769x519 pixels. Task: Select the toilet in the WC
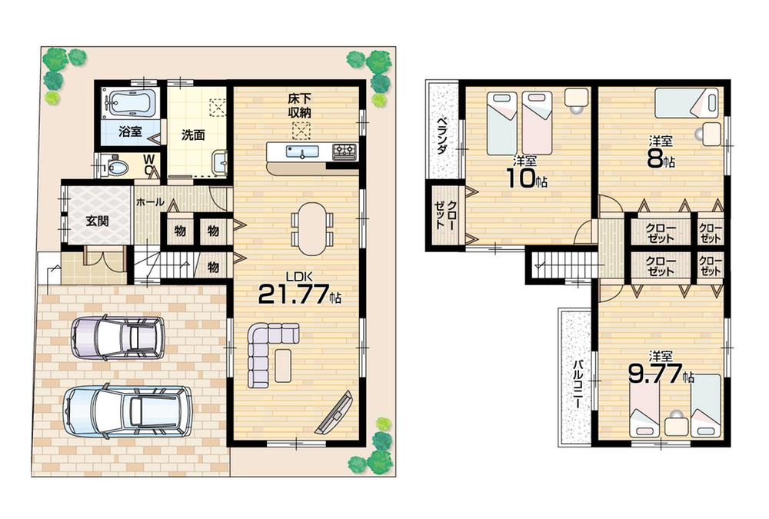[x=117, y=166]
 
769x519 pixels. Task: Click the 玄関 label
[x=97, y=221]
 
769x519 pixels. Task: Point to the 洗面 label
[x=192, y=135]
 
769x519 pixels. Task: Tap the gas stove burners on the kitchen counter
[x=345, y=151]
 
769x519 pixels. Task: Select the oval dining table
[x=312, y=228]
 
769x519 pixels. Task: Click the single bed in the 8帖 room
[x=686, y=102]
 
